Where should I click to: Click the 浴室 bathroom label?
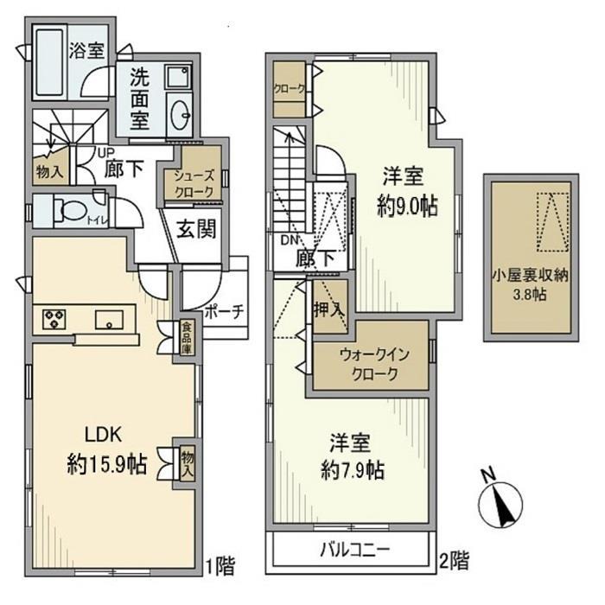coord(86,50)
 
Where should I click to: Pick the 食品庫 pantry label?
coord(186,337)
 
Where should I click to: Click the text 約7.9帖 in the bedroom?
coord(350,471)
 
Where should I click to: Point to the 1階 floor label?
coord(221,567)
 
